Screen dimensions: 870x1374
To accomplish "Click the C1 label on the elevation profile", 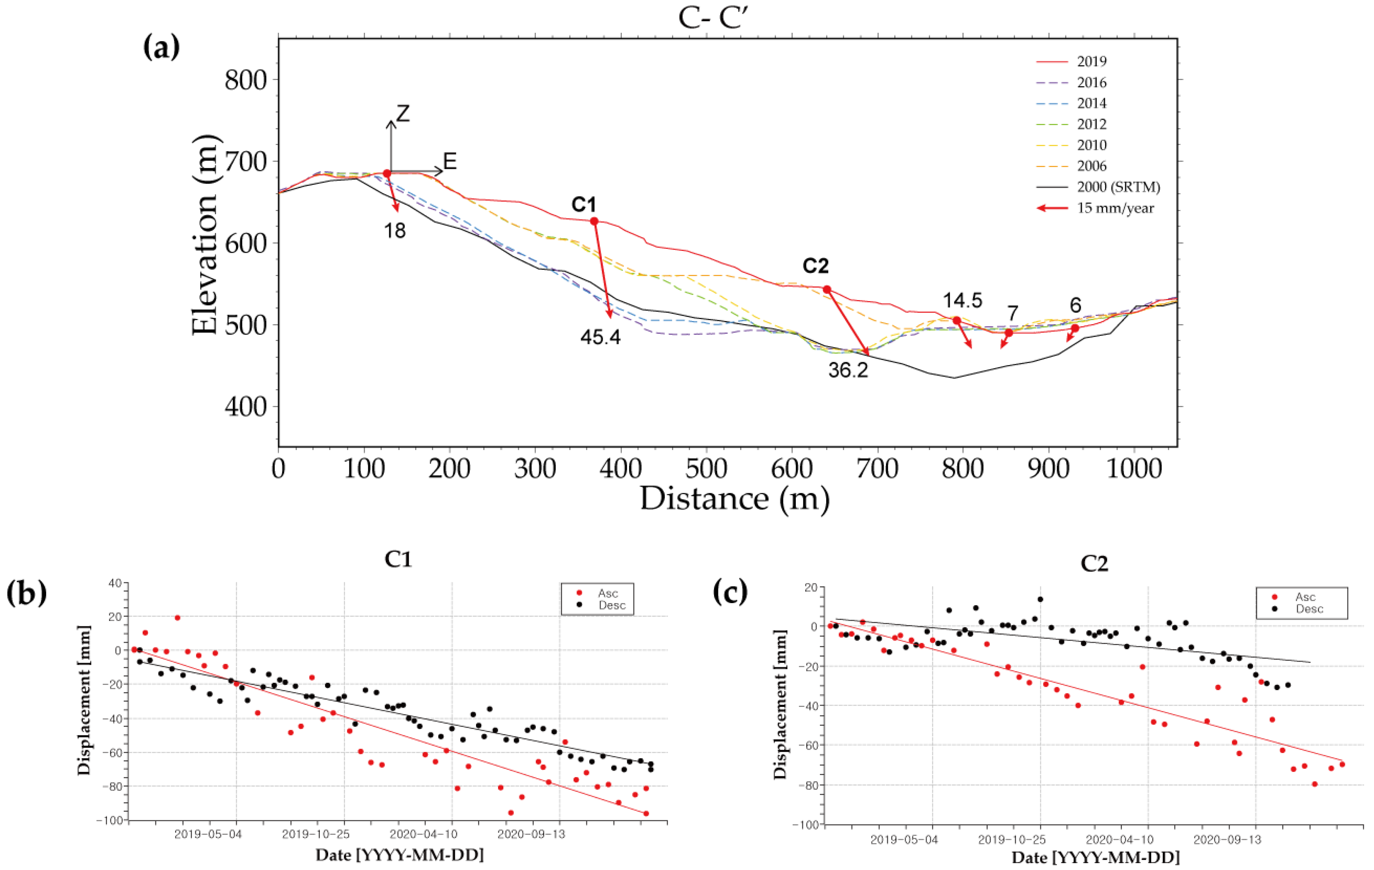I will pos(584,204).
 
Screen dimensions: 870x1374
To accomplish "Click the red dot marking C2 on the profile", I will pos(827,290).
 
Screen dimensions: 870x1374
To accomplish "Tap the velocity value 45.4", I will pos(600,337).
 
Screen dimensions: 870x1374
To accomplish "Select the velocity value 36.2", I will pos(848,369).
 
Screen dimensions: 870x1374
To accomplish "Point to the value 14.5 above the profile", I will pos(962,300).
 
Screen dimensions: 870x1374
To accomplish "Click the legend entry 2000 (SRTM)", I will pos(1118,187).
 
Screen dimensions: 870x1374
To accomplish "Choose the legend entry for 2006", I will pos(1092,166).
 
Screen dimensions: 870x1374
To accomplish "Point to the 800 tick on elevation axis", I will pos(245,80).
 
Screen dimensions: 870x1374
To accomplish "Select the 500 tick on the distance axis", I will pos(706,468).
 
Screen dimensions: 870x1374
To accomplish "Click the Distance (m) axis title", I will pos(734,499).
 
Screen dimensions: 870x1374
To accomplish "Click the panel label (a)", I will pos(161,47).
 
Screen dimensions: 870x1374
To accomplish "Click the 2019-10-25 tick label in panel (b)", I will pos(315,834).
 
